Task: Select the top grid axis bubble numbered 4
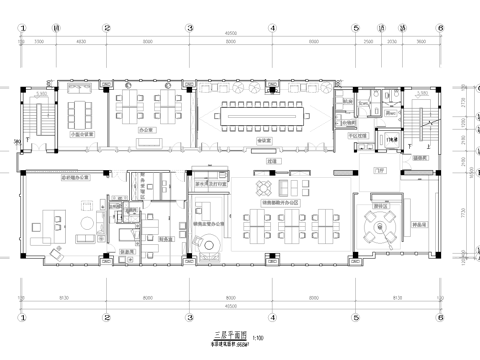271,29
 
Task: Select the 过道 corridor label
270,159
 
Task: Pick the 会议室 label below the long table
266,141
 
